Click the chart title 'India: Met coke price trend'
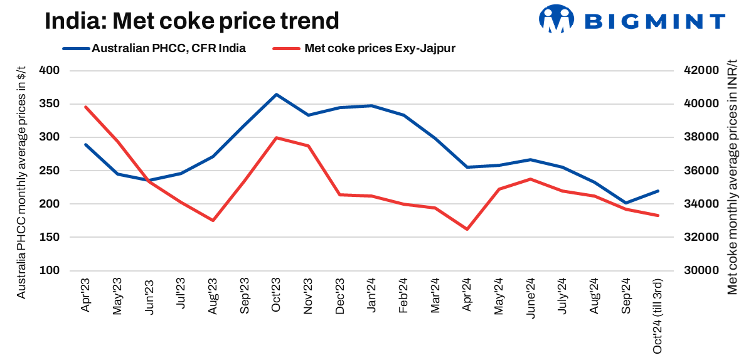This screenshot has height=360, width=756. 191,21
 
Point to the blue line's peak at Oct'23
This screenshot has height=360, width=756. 276,95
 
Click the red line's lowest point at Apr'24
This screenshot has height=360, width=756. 467,229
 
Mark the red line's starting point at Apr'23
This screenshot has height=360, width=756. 85,107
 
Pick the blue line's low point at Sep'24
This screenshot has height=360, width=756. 626,203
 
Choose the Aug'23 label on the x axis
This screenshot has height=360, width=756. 213,297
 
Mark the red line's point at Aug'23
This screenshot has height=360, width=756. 213,220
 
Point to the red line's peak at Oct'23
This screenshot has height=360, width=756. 276,137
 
